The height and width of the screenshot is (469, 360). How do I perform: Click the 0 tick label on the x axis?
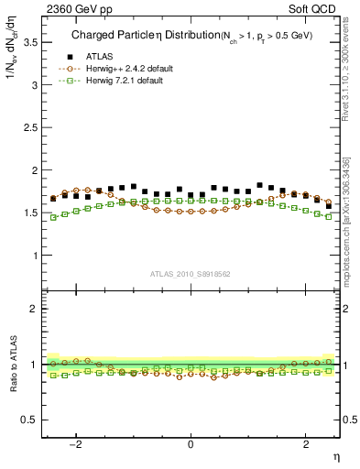[191, 445]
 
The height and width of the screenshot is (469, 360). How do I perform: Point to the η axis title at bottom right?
[335, 456]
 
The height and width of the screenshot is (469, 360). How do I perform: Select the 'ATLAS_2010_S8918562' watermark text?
[191, 274]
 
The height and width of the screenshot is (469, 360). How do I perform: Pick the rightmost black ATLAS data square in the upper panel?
[329, 206]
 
